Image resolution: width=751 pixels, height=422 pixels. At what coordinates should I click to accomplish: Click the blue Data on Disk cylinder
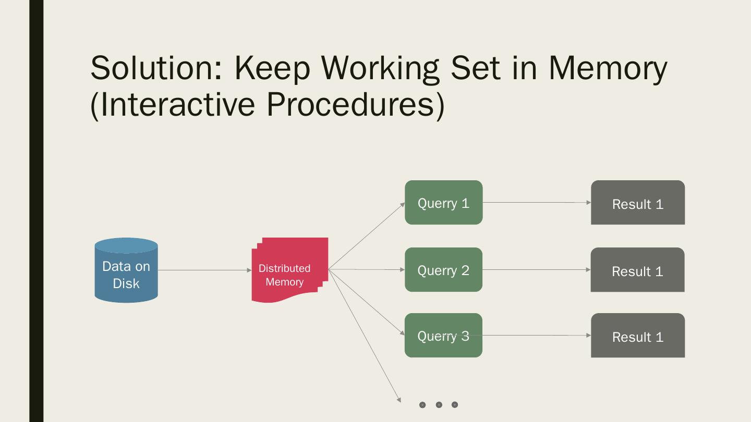[x=126, y=271]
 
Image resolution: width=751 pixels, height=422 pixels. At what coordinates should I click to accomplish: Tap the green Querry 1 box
[x=443, y=203]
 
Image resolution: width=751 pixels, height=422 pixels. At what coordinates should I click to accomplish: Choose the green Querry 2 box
[x=443, y=270]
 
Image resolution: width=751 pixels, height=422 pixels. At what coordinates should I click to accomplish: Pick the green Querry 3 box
[x=443, y=336]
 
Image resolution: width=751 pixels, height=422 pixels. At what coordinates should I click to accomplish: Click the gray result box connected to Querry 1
[x=637, y=203]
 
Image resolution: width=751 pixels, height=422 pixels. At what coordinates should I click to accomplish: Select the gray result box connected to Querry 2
[x=637, y=270]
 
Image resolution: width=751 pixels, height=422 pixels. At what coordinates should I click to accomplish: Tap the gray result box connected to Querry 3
[x=637, y=336]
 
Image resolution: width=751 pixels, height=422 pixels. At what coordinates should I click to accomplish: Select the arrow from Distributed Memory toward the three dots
[x=365, y=336]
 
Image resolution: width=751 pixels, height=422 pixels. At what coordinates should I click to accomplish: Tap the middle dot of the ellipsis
[x=439, y=405]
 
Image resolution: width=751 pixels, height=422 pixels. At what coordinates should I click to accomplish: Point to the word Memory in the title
[x=608, y=68]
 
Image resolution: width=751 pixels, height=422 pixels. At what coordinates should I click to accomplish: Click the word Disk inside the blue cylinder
[x=126, y=283]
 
